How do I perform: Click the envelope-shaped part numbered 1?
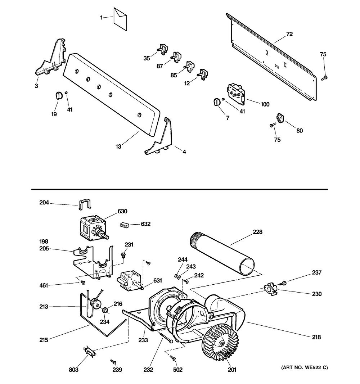120,19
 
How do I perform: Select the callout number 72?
289,34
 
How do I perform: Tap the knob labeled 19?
58,95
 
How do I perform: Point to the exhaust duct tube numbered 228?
222,254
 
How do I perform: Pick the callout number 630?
122,211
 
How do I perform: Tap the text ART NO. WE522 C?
305,367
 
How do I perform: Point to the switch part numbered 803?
90,351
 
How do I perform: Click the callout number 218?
316,337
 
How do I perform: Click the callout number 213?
44,307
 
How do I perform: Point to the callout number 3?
36,86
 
